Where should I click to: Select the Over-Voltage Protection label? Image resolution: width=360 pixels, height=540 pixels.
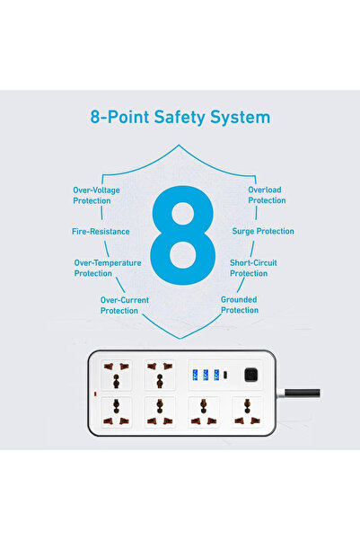pyautogui.click(x=96, y=195)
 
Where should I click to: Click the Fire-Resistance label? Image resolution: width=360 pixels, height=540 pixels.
pyautogui.click(x=101, y=232)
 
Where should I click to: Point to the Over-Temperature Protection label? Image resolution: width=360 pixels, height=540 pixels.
pyautogui.click(x=108, y=268)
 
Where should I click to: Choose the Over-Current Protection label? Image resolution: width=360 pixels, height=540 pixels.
pyautogui.click(x=125, y=305)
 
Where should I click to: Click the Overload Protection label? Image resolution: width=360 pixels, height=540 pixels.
pyautogui.click(x=267, y=195)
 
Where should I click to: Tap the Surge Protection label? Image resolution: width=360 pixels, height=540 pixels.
pyautogui.click(x=263, y=231)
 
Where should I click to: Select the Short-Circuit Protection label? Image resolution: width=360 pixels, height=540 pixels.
pyautogui.click(x=253, y=268)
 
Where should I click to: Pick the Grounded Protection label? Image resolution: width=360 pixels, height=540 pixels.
pyautogui.click(x=240, y=305)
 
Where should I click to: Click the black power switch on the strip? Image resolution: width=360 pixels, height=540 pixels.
pyautogui.click(x=251, y=375)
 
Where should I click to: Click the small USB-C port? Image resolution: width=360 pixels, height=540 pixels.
pyautogui.click(x=225, y=375)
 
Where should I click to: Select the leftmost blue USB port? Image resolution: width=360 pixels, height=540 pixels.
pyautogui.click(x=195, y=375)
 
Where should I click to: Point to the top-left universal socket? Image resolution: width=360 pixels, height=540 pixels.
pyautogui.click(x=117, y=375)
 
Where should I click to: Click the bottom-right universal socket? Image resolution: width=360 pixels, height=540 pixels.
pyautogui.click(x=247, y=412)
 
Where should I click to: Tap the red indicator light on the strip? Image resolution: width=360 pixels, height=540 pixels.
pyautogui.click(x=95, y=394)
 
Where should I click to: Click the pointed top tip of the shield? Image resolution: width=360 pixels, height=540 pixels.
pyautogui.click(x=179, y=145)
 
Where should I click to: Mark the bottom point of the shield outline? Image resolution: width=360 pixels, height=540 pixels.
pyautogui.click(x=180, y=339)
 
